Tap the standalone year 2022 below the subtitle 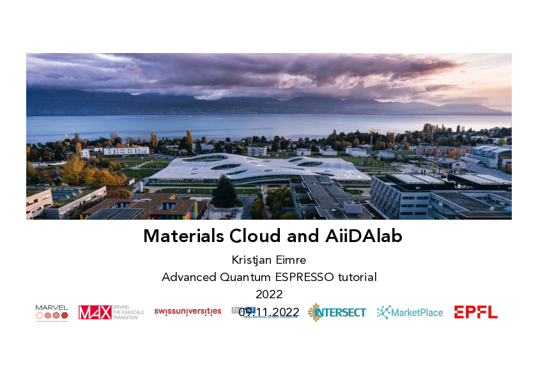[269, 294]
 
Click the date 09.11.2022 [269, 312]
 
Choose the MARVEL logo [52, 312]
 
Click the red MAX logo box [95, 312]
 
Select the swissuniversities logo [187, 312]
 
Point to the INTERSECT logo [337, 312]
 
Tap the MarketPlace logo [410, 312]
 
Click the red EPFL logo [475, 312]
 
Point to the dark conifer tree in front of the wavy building [224, 191]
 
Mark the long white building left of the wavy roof [126, 151]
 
